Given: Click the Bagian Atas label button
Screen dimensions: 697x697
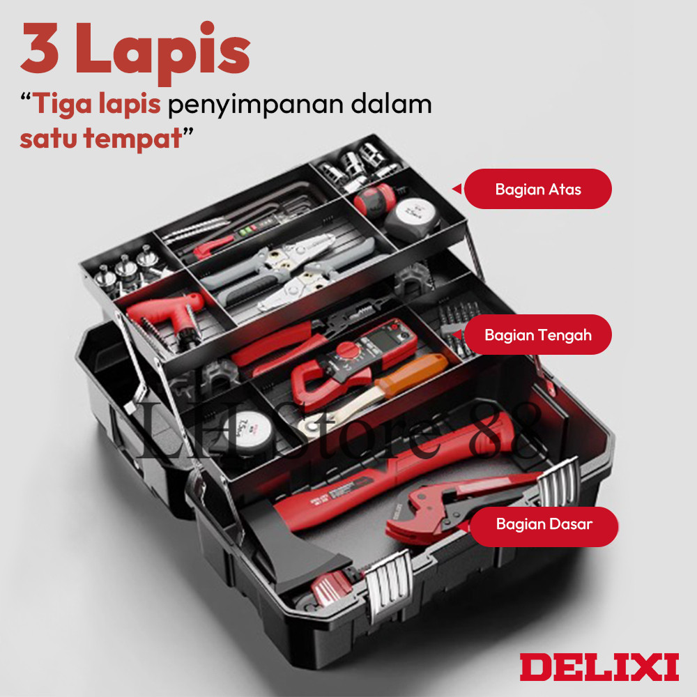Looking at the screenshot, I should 537,189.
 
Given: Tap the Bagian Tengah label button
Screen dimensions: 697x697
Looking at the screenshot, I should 537,335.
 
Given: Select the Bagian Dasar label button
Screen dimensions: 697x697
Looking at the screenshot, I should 544,523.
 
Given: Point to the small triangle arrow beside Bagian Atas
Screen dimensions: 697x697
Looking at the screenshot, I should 457,189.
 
